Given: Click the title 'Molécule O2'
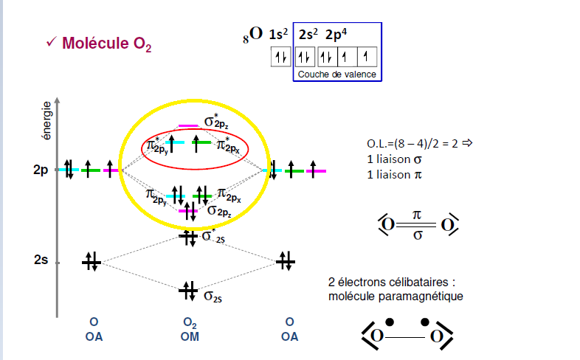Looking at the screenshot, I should pos(106,44).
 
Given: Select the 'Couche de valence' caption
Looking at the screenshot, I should pos(336,75).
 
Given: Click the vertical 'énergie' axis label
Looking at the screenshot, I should pos(46,121).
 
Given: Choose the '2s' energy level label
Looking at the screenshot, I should pos(41,262).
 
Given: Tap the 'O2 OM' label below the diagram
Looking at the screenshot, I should pos(189,330).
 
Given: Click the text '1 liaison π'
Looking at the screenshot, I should pos(398,175).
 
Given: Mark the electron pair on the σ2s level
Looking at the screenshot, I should pos(187,291).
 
